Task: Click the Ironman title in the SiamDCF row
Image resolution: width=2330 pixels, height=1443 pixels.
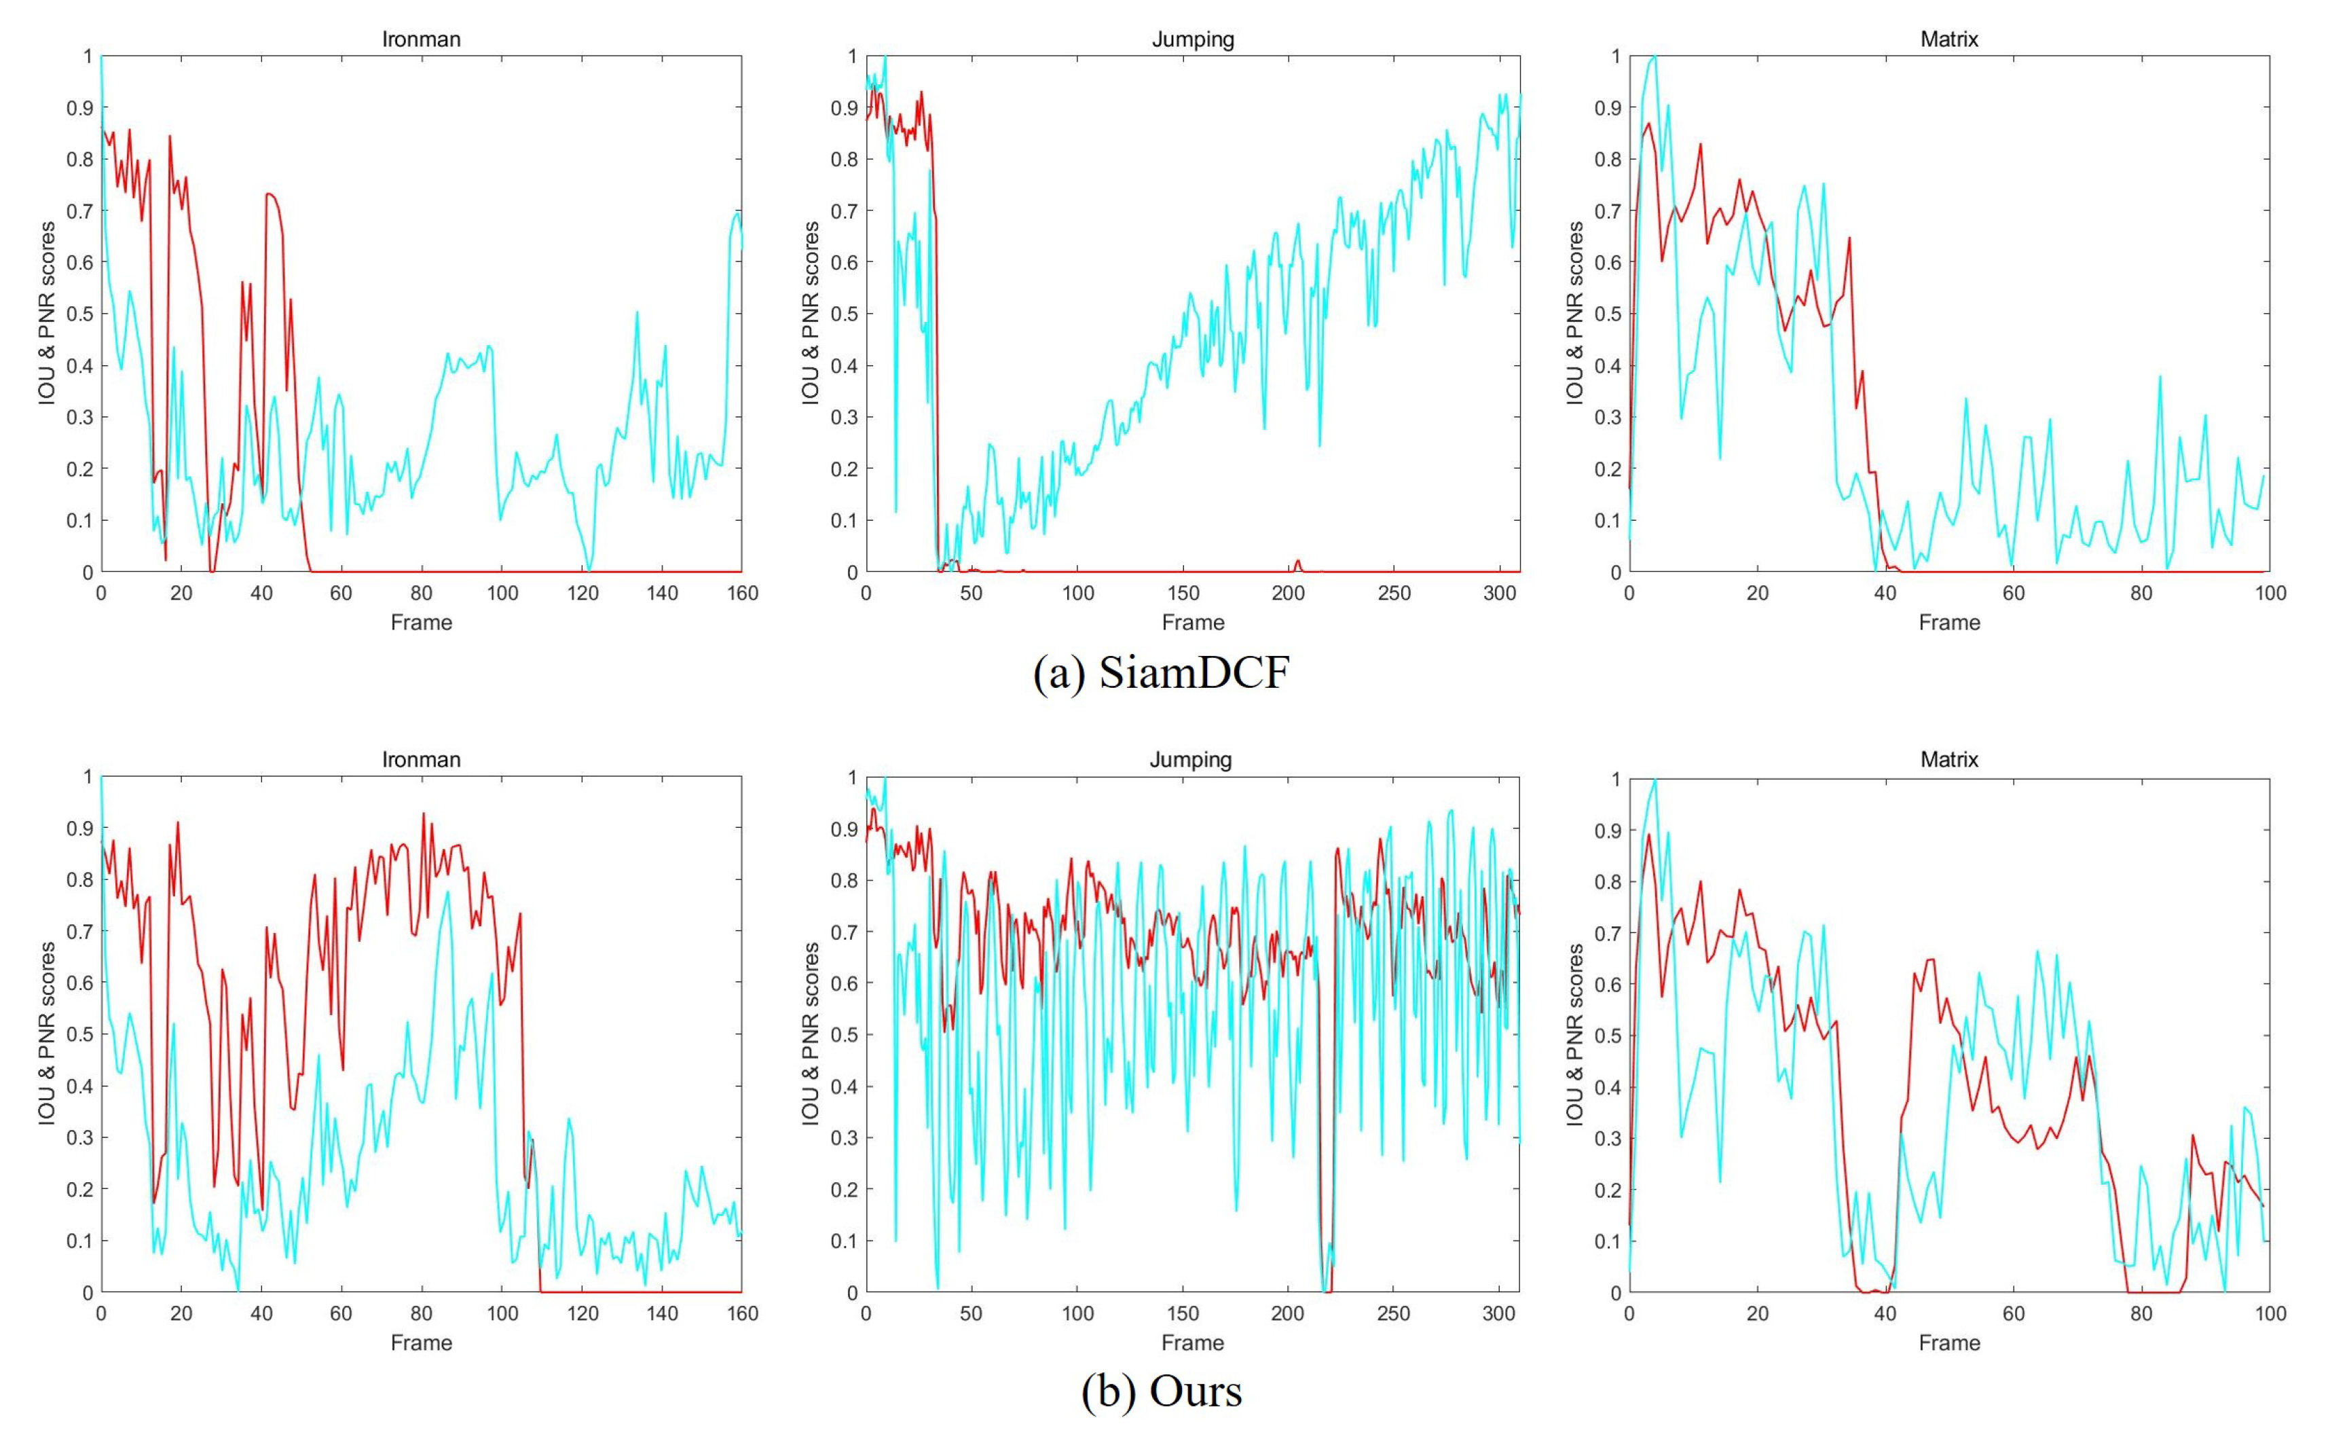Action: point(421,39)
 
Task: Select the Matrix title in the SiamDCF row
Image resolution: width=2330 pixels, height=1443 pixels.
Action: point(1948,39)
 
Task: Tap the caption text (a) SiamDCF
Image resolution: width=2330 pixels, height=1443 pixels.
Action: point(1161,673)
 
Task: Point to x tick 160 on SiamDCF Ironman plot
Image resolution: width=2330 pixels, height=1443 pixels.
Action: point(741,593)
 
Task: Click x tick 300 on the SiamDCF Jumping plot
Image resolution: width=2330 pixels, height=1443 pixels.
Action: point(1499,593)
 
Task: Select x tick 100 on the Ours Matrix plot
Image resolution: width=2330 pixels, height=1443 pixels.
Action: point(2270,1314)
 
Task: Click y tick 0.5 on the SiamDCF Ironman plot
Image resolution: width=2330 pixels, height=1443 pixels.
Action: point(80,314)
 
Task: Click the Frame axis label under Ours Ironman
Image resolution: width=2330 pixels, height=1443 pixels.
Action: point(421,1342)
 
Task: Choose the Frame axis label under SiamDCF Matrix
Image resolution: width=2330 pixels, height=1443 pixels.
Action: point(1948,622)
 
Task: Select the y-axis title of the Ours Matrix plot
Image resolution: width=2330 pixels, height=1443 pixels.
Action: point(1574,1034)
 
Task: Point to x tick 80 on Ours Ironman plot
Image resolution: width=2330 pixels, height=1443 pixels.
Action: point(421,1314)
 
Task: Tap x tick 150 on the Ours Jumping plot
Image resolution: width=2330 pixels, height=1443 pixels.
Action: point(1182,1314)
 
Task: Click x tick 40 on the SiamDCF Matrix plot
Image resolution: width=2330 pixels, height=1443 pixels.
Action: point(1885,593)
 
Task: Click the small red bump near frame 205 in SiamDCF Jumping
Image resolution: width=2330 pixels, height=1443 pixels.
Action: point(1297,563)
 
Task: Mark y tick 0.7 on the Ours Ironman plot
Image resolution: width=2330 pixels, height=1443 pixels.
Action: point(80,932)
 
